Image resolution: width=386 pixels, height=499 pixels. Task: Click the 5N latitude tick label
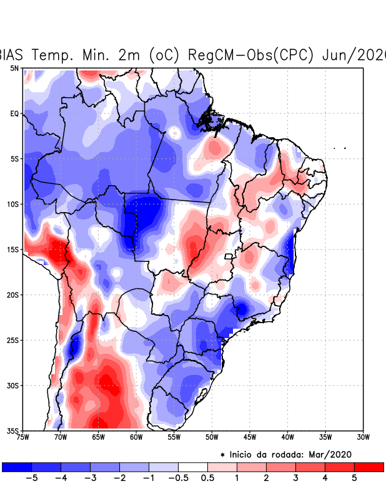click(x=14, y=68)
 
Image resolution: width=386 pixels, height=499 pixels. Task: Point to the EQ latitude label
click(x=14, y=114)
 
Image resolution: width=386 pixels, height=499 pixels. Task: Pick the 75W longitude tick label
click(x=23, y=437)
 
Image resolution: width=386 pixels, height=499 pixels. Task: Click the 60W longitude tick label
click(x=136, y=437)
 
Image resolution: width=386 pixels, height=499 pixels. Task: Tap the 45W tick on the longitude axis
click(x=250, y=437)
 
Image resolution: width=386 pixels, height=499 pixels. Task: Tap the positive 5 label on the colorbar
click(x=354, y=478)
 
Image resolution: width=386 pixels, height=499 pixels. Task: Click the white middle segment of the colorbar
click(x=192, y=467)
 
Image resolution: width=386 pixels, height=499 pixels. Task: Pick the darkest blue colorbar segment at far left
click(x=17, y=467)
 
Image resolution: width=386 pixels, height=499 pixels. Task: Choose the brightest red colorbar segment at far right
click(x=369, y=467)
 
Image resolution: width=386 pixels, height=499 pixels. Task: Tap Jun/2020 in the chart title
click(x=354, y=54)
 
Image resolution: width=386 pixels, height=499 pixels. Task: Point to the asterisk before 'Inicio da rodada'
click(x=222, y=455)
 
